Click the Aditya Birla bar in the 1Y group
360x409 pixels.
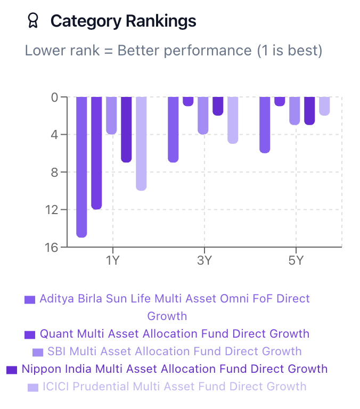[81, 167]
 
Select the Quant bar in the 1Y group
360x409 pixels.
[96, 153]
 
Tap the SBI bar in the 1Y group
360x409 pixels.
[111, 116]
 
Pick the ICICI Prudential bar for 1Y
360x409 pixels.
[141, 143]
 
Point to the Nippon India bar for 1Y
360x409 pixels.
[126, 129]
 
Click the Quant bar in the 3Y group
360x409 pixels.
[188, 101]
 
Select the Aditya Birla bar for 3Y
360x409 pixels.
[173, 129]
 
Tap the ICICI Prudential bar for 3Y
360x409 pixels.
[233, 120]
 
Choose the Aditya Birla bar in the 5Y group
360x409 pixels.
[265, 125]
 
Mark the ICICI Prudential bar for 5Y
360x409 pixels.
[324, 106]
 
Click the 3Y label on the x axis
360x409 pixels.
[204, 261]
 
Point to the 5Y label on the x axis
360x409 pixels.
[296, 261]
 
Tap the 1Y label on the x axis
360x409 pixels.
[112, 261]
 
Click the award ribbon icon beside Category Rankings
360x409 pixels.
[33, 21]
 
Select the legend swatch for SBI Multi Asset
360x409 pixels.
[38, 352]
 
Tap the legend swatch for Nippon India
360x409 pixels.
[12, 370]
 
